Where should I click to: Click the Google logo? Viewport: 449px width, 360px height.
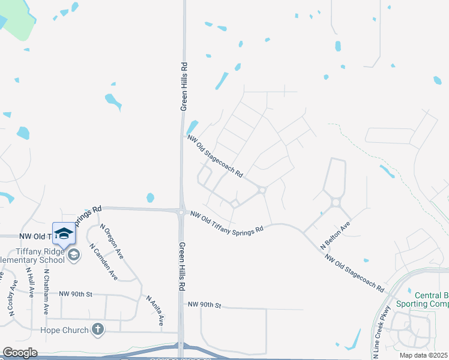pyautogui.click(x=19, y=352)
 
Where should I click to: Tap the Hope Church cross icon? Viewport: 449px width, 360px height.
pyautogui.click(x=98, y=329)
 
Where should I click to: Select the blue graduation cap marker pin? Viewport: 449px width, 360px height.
pyautogui.click(x=64, y=233)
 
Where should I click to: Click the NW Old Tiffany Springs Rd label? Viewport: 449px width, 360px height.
pyautogui.click(x=227, y=221)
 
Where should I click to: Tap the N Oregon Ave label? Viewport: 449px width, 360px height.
pyautogui.click(x=112, y=241)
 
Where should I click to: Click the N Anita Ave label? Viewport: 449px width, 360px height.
pyautogui.click(x=155, y=310)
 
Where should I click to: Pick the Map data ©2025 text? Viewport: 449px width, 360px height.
pyautogui.click(x=423, y=355)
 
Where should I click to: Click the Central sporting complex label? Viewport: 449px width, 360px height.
pyautogui.click(x=432, y=299)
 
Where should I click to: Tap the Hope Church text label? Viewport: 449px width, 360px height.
pyautogui.click(x=64, y=330)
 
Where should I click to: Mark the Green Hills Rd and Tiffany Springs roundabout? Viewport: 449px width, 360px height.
pyautogui.click(x=181, y=211)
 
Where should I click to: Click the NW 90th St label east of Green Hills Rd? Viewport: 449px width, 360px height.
pyautogui.click(x=204, y=305)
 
